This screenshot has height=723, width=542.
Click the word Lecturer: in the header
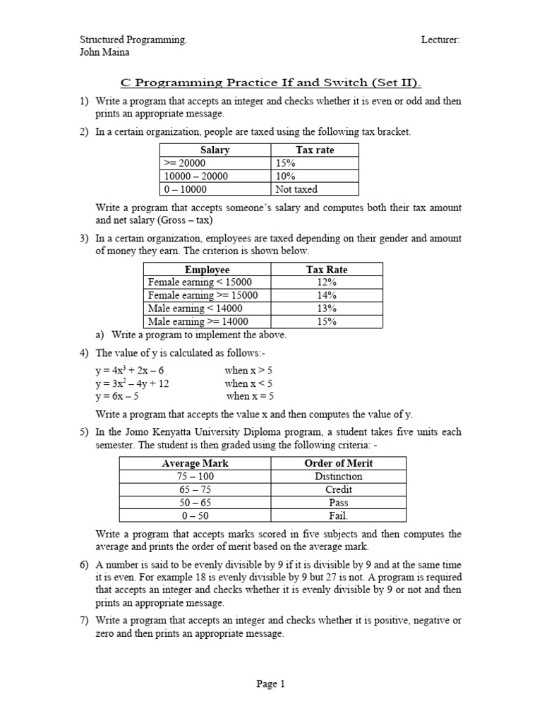440,40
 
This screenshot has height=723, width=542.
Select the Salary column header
215,150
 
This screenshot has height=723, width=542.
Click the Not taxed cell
296,189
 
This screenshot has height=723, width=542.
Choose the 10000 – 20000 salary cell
195,177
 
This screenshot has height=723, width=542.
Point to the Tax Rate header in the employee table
327,269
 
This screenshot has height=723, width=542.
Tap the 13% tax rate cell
327,309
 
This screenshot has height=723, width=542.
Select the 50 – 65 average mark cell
195,503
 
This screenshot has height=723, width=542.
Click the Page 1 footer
271,683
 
